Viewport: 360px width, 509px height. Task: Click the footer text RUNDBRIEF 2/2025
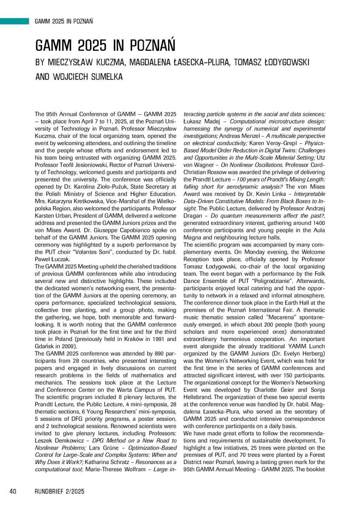pyautogui.click(x=59, y=491)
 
